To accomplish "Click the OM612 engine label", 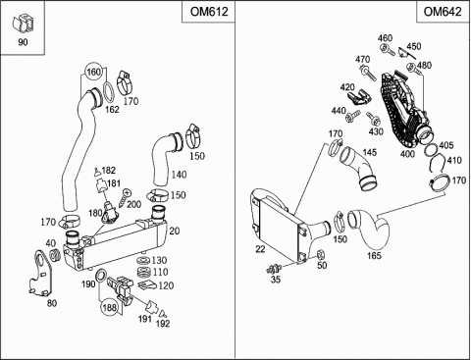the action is (x=209, y=12).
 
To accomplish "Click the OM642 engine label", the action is (x=443, y=12).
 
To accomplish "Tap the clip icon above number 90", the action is (x=23, y=23).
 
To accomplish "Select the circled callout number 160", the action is (x=93, y=72).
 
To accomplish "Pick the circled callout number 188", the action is (x=109, y=307).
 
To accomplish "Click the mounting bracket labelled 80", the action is (x=41, y=274).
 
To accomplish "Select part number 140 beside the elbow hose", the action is (x=179, y=175).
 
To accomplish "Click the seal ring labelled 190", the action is (x=100, y=276).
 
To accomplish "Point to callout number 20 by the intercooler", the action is (x=175, y=231).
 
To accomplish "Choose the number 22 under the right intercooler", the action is (x=260, y=249).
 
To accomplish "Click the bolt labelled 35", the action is (x=275, y=269).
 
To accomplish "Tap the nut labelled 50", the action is (x=321, y=254).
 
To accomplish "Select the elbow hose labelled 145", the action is (x=358, y=169).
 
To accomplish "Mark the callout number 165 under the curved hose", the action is (x=374, y=255).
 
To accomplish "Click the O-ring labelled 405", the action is (x=431, y=151).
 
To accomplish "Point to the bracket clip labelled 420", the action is (x=359, y=97).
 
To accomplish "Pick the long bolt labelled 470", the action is (x=369, y=74).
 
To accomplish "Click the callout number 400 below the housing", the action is (x=407, y=154).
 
